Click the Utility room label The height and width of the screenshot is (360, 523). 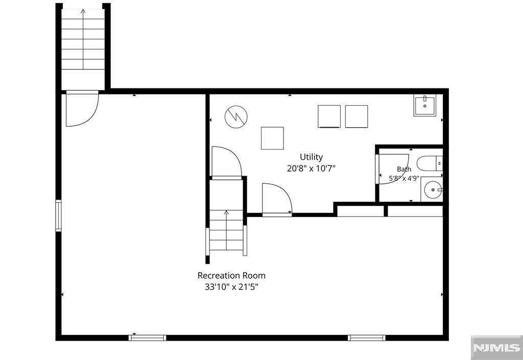pyautogui.click(x=311, y=157)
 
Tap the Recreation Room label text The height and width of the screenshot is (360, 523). pyautogui.click(x=231, y=276)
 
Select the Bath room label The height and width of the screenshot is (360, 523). pyautogui.click(x=404, y=170)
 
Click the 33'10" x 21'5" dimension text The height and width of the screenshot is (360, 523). pyautogui.click(x=231, y=287)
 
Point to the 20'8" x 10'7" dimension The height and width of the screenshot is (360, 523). pyautogui.click(x=311, y=169)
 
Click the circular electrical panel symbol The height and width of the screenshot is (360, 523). pyautogui.click(x=236, y=116)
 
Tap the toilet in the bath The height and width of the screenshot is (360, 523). pyautogui.click(x=430, y=163)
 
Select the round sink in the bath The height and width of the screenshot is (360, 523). pyautogui.click(x=433, y=189)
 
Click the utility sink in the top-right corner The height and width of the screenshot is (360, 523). pyautogui.click(x=425, y=105)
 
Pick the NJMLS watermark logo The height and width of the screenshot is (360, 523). pyautogui.click(x=496, y=348)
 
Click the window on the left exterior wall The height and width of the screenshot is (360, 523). pyautogui.click(x=58, y=215)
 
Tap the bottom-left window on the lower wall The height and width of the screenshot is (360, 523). pyautogui.click(x=148, y=338)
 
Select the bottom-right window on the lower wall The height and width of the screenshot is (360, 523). pyautogui.click(x=367, y=338)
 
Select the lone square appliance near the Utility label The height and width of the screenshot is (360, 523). pyautogui.click(x=272, y=138)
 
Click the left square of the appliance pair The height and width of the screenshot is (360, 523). pyautogui.click(x=329, y=116)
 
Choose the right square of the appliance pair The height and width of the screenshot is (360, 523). pyautogui.click(x=356, y=116)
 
